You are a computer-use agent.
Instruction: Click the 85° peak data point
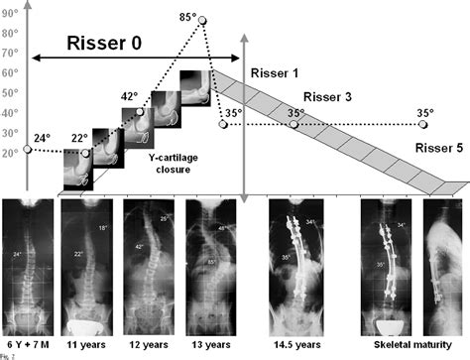click(204, 20)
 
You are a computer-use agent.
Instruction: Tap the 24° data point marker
click(27, 150)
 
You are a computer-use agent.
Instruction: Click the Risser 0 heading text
click(104, 45)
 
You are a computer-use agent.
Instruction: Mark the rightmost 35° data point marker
click(423, 125)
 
